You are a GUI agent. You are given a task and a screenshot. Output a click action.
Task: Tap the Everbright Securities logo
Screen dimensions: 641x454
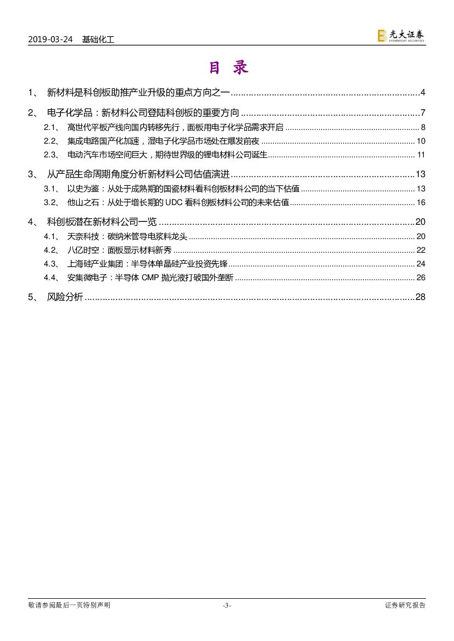pos(401,36)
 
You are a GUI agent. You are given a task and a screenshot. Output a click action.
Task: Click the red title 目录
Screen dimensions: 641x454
pos(228,67)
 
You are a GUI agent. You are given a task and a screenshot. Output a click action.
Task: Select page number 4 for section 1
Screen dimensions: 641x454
pos(423,92)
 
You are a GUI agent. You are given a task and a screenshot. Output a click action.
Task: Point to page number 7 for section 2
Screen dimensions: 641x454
pos(423,113)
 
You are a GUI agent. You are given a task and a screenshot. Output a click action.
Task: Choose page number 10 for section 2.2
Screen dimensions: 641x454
pos(421,141)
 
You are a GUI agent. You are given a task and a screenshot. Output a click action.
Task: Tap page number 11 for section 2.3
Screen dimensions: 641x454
pos(421,155)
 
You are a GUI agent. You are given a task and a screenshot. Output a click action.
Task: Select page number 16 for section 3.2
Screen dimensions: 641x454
pos(421,202)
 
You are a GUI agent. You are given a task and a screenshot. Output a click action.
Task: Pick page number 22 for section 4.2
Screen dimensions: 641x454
pos(421,250)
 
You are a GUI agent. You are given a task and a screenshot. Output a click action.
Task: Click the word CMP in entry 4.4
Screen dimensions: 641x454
pos(149,277)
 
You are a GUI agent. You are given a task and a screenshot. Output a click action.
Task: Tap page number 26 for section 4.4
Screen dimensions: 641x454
pos(421,277)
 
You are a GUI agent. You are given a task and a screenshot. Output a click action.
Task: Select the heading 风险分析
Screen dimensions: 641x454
pos(65,297)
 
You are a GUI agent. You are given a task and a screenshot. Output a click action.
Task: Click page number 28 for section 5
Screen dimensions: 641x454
pos(421,297)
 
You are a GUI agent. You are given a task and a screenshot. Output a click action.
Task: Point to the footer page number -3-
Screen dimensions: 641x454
pos(227,605)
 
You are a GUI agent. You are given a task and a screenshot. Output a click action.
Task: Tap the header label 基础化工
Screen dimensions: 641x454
pos(98,39)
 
